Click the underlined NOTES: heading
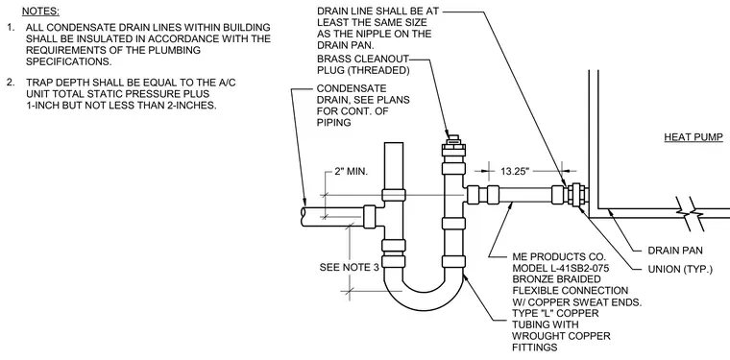[x=40, y=11]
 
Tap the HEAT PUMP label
[x=693, y=137]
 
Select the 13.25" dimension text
[x=516, y=171]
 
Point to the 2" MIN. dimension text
[x=351, y=172]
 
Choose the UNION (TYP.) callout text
[x=680, y=270]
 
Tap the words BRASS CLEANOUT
[x=363, y=60]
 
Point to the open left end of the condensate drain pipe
[x=304, y=217]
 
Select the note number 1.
[x=11, y=28]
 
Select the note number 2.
[x=11, y=83]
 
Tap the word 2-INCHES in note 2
[x=195, y=105]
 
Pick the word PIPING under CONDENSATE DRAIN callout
[x=334, y=122]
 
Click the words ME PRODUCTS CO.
[x=559, y=256]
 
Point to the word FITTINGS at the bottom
[x=534, y=348]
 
